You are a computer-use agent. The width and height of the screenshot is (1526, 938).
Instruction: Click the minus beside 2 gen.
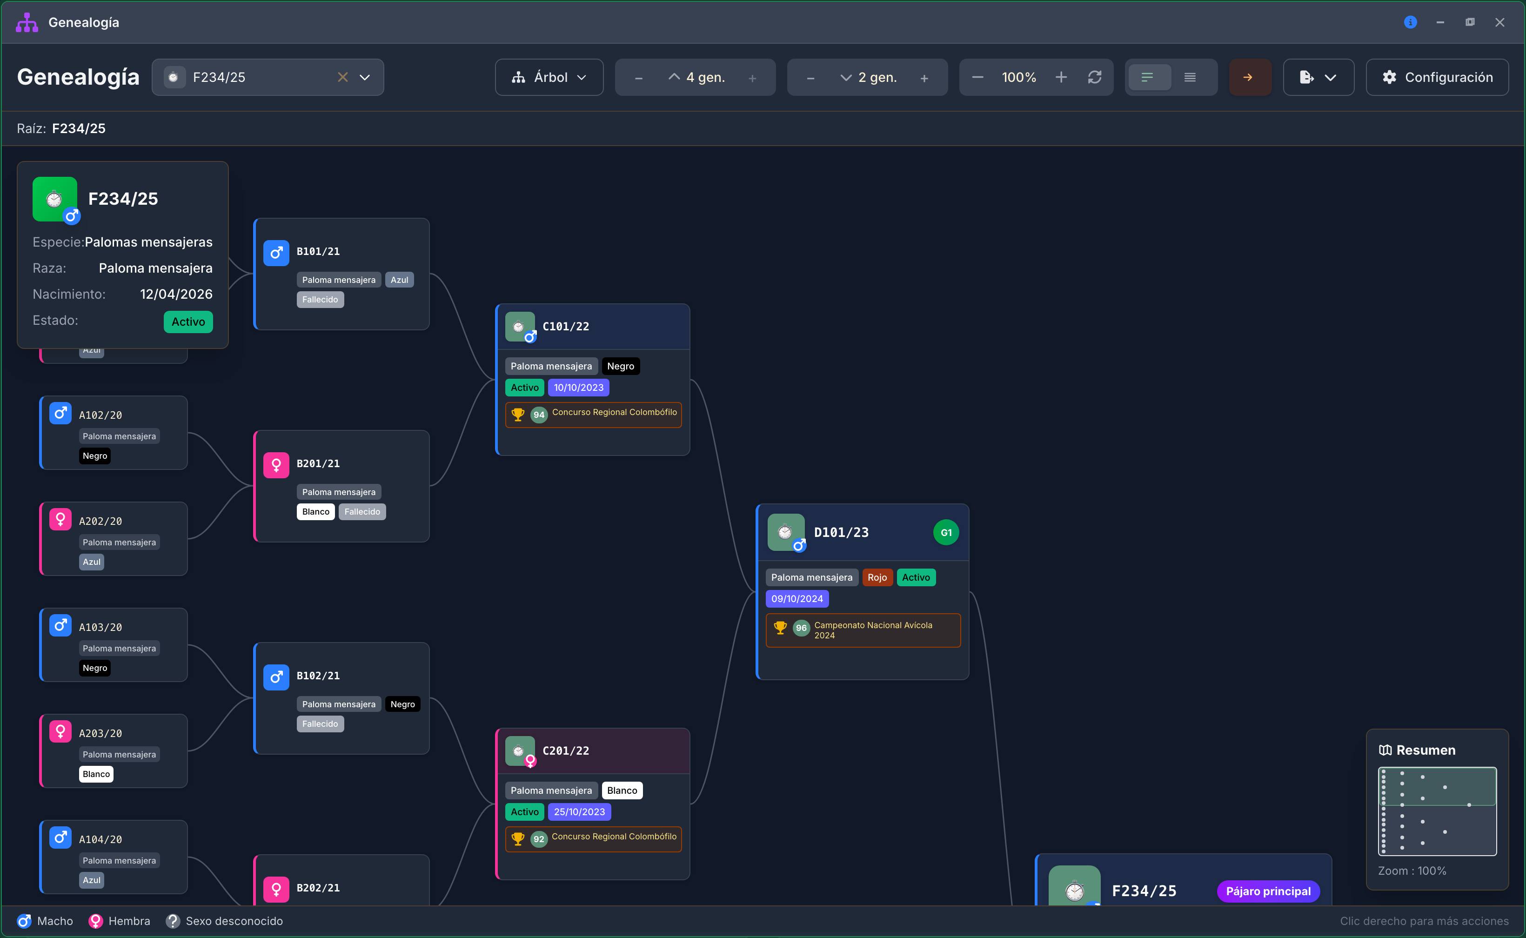810,78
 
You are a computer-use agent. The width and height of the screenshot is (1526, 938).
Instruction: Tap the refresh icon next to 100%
1094,77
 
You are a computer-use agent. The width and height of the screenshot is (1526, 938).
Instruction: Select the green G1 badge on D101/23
945,532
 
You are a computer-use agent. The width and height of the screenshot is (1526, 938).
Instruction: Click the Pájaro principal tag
1268,891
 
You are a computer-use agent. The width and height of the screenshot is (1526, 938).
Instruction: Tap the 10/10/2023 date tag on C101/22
578,388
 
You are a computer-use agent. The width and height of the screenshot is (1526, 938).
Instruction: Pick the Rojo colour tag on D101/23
877,577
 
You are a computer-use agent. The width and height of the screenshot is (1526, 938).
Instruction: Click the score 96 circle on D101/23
801,628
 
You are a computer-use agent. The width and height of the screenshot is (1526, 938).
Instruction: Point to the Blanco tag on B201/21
316,512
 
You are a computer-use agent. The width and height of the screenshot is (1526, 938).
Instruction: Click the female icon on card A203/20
60,731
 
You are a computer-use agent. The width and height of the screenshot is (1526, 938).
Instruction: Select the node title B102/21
318,676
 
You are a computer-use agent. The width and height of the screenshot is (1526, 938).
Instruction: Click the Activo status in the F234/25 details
188,322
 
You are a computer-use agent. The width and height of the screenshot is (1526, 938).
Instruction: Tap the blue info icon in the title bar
1410,22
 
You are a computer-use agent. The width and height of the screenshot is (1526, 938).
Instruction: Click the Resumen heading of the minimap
1425,750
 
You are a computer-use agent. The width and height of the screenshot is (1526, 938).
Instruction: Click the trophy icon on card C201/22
517,839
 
